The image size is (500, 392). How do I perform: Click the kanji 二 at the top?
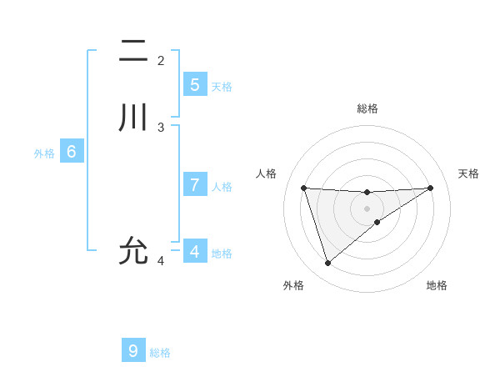tap(134, 51)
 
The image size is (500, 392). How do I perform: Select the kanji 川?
tap(134, 118)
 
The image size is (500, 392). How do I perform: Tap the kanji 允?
tap(134, 249)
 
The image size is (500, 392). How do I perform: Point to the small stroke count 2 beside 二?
tap(161, 60)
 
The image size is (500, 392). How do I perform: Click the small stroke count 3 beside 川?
tap(161, 127)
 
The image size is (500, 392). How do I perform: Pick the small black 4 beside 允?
tap(161, 260)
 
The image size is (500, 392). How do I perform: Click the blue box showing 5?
tap(194, 85)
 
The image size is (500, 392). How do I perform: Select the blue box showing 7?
tap(194, 185)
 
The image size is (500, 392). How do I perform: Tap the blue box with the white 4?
tap(194, 251)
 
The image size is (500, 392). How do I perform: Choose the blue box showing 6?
tap(72, 152)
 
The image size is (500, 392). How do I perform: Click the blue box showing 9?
tap(133, 350)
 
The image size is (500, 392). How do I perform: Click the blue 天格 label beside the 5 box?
tap(222, 86)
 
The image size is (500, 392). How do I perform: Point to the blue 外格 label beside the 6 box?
tap(44, 153)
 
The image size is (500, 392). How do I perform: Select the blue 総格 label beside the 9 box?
tap(160, 353)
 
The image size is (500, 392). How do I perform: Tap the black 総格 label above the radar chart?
tap(367, 108)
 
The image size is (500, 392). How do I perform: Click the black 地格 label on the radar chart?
tap(437, 285)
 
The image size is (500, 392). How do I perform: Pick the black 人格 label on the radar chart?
tap(266, 173)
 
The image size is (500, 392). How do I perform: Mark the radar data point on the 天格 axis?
tap(430, 188)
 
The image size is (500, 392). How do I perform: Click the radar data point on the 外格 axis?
tap(327, 264)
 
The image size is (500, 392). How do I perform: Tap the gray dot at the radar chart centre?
tap(367, 208)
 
